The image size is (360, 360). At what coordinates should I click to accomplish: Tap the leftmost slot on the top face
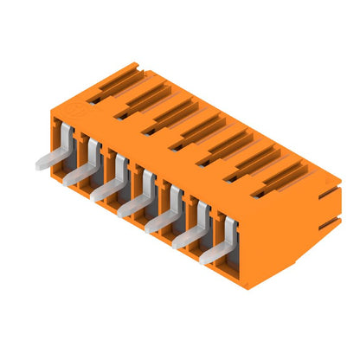point(114,84)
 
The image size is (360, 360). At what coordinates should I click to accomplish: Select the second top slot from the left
point(142,99)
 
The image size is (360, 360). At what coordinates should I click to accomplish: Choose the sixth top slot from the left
point(253,159)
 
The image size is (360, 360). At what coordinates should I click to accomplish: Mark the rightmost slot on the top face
point(280,175)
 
